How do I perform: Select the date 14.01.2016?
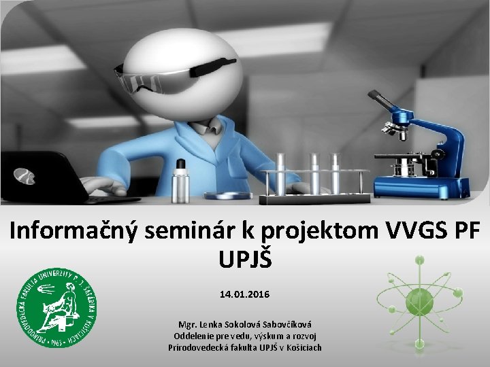point(244,295)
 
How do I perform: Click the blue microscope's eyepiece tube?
point(385,102)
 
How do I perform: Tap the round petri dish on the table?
point(228,196)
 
